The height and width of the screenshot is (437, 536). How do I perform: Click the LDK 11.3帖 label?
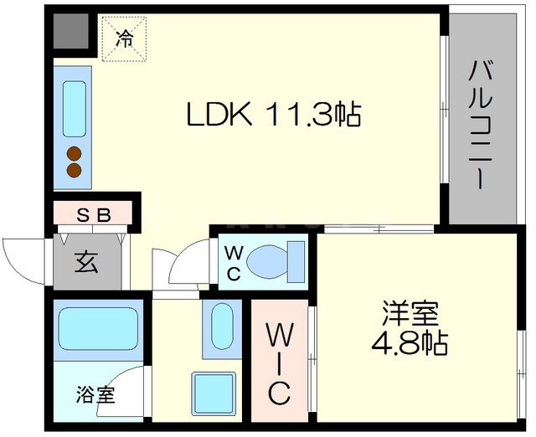[272, 115]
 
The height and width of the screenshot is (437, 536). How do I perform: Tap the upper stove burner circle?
[75, 153]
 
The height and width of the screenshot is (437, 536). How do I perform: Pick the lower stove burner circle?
[75, 171]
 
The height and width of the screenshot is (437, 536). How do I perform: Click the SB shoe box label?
[94, 215]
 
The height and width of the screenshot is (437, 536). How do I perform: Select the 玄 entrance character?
[86, 262]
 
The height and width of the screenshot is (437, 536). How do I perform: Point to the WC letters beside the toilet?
[234, 261]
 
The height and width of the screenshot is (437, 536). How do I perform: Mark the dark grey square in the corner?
[70, 33]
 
